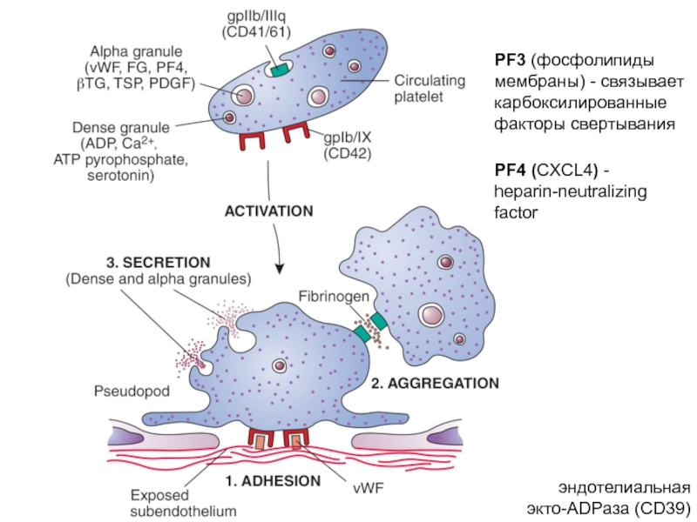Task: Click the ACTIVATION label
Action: point(268,211)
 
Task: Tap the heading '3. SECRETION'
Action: point(158,261)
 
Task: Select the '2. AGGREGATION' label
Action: point(435,382)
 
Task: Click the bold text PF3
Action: point(510,59)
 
